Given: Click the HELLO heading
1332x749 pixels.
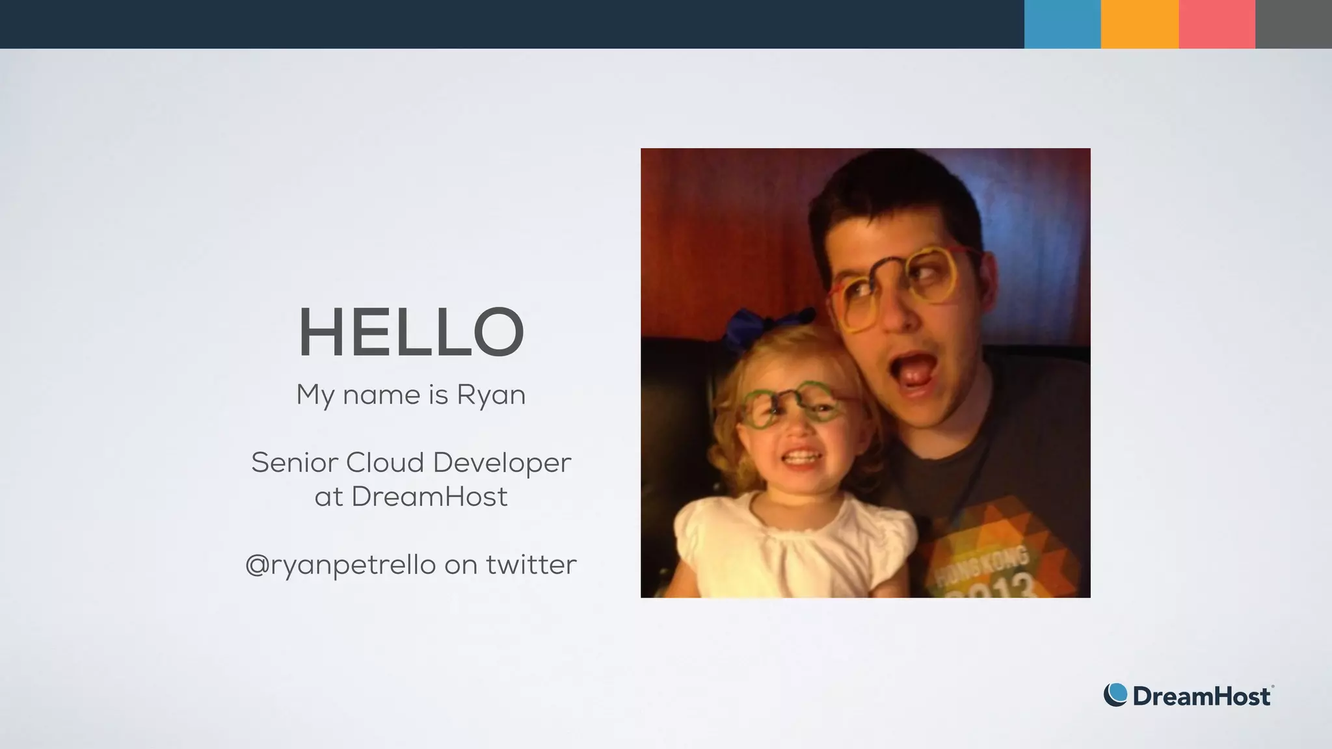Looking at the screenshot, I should pyautogui.click(x=411, y=332).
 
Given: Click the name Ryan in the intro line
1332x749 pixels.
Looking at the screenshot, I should pyautogui.click(x=491, y=395).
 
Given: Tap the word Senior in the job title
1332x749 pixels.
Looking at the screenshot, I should pyautogui.click(x=295, y=463).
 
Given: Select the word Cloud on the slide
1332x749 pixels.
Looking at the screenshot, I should pyautogui.click(x=384, y=463).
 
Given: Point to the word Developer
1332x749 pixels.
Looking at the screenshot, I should pyautogui.click(x=501, y=463).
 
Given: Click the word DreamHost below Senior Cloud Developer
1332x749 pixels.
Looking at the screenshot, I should pyautogui.click(x=429, y=497).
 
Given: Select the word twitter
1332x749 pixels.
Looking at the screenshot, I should pyautogui.click(x=531, y=564).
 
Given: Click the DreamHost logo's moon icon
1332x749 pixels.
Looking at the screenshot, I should pyautogui.click(x=1115, y=694).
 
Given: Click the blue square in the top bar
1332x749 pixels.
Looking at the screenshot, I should pyautogui.click(x=1062, y=24).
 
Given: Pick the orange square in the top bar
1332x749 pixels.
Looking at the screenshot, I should pyautogui.click(x=1139, y=24).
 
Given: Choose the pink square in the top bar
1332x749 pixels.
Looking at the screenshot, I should pyautogui.click(x=1217, y=24).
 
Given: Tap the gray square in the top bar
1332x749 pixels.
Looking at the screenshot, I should pyautogui.click(x=1294, y=24).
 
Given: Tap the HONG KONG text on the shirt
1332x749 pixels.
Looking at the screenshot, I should pyautogui.click(x=982, y=565).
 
